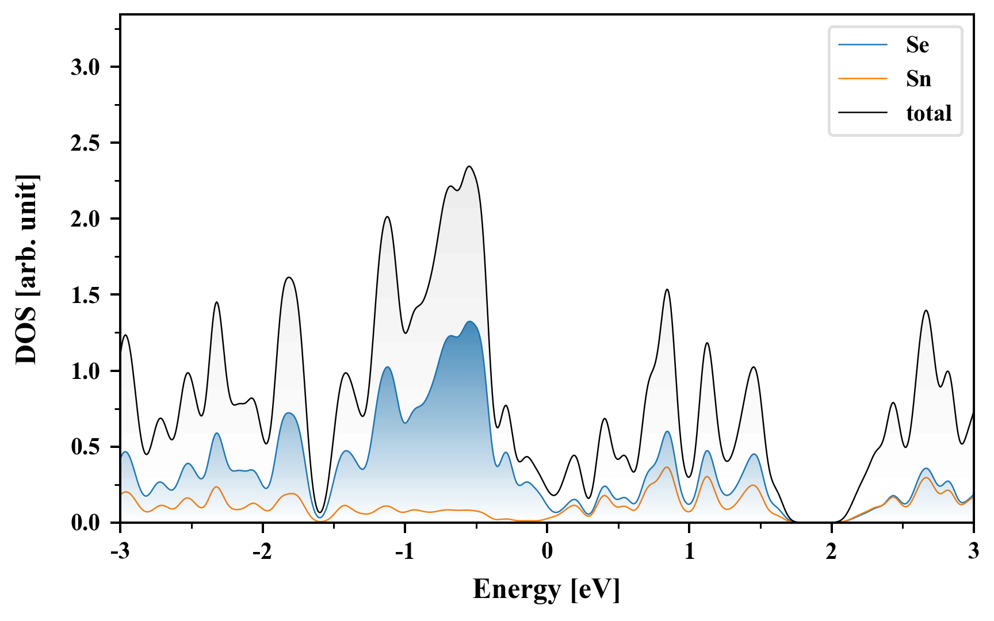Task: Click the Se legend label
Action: (917, 45)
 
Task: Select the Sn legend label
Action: (918, 79)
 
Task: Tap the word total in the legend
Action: (928, 113)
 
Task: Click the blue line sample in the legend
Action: (863, 45)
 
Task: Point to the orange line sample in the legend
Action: (863, 79)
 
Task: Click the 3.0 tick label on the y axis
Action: (85, 67)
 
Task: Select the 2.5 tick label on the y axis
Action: (85, 143)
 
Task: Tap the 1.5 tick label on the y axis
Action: (85, 295)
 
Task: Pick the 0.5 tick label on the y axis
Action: (85, 447)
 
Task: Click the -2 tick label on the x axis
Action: (262, 552)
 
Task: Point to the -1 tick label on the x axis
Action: (404, 552)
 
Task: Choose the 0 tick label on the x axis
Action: (547, 552)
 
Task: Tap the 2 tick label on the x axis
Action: (831, 552)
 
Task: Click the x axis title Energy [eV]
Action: (546, 589)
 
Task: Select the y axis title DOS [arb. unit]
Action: (26, 269)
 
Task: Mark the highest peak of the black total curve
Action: (470, 167)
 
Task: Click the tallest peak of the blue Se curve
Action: (470, 321)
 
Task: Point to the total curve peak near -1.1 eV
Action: (387, 217)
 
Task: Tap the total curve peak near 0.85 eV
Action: (667, 289)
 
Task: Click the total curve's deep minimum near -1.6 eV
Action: (320, 512)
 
